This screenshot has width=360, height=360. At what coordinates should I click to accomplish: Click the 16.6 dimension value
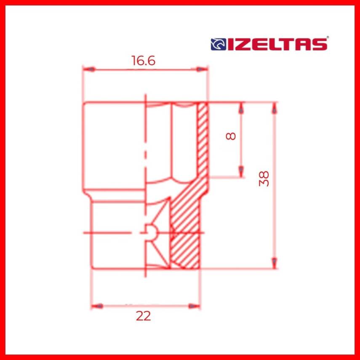click(x=143, y=61)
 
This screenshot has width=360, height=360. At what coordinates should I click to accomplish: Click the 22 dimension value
click(x=143, y=316)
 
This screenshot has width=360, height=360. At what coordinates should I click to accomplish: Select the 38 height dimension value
click(x=264, y=179)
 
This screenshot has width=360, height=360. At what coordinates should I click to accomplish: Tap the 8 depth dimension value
click(x=231, y=136)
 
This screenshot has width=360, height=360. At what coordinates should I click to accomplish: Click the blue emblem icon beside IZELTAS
click(x=217, y=44)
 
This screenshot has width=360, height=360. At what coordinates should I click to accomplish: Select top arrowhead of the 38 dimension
click(x=275, y=108)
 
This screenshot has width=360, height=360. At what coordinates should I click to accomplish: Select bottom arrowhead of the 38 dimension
click(x=275, y=262)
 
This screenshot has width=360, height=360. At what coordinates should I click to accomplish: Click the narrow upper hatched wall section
click(x=203, y=139)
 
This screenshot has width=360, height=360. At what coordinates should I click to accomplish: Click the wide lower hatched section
click(x=184, y=236)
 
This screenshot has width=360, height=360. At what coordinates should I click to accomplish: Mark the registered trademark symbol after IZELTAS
click(x=328, y=38)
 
